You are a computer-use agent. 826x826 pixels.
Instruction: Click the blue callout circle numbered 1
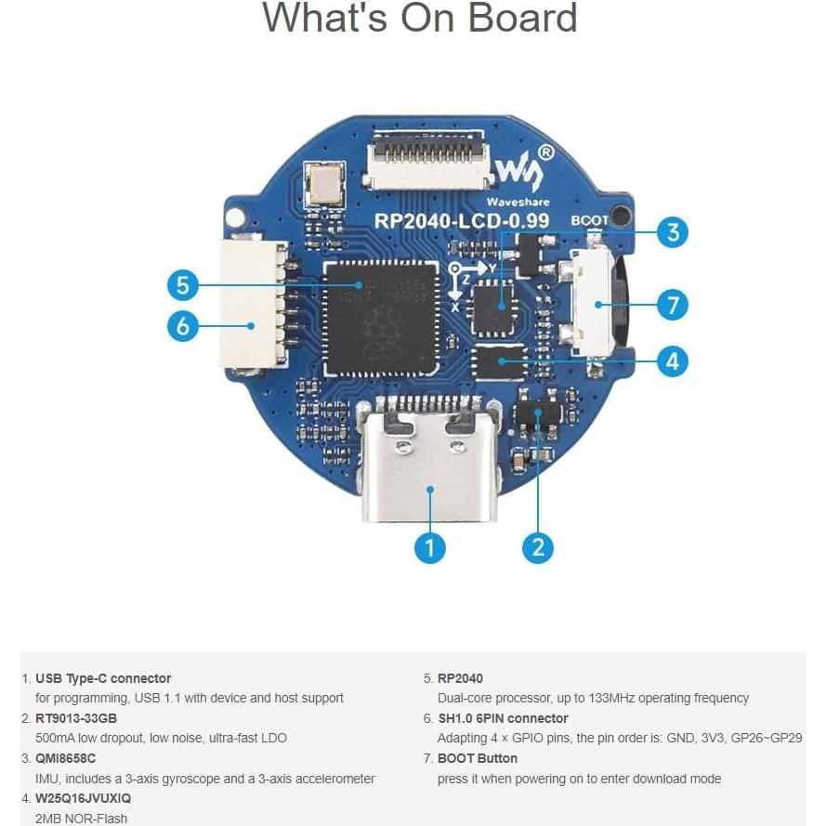[428, 548]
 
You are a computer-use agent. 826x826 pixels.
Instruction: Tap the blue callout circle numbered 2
[538, 548]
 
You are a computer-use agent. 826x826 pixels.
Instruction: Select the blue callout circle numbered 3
[673, 232]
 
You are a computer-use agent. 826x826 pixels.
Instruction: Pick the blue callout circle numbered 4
[673, 361]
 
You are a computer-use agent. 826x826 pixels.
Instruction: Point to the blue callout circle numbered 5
[183, 285]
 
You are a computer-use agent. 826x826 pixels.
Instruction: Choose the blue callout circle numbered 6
[183, 325]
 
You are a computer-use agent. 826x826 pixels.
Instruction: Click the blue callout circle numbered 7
[673, 304]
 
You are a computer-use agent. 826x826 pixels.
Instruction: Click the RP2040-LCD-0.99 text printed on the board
[461, 221]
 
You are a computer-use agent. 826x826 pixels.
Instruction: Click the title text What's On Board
[419, 19]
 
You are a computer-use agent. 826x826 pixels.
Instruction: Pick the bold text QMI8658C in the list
[65, 758]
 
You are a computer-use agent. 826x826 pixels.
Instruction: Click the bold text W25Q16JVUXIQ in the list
[83, 798]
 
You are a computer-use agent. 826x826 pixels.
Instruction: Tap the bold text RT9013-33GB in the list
[75, 718]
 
